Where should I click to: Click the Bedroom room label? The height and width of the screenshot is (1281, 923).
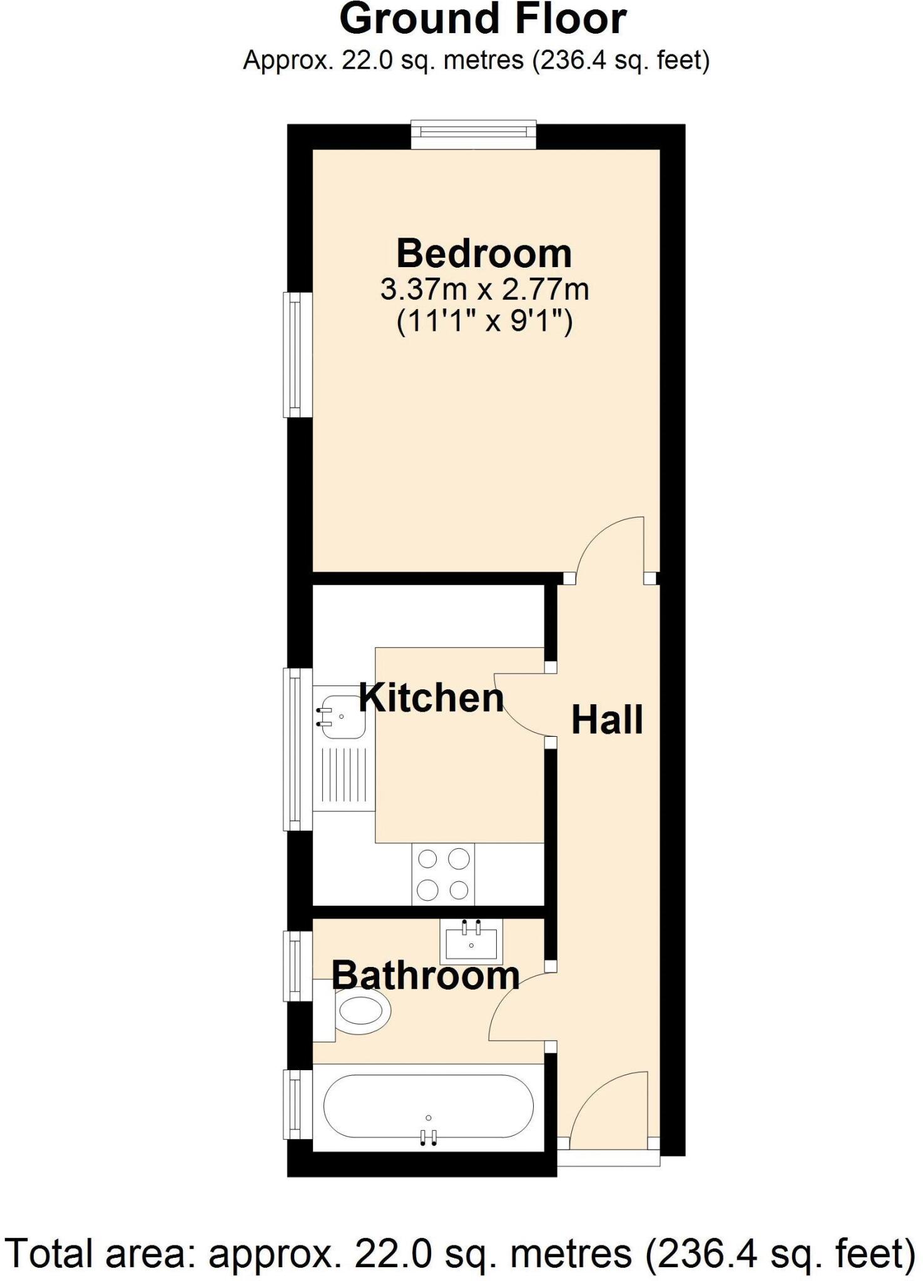(484, 253)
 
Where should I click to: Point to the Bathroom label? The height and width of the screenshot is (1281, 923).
(426, 975)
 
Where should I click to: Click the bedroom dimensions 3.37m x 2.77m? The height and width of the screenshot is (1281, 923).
(484, 290)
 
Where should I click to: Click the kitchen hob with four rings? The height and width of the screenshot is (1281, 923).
(443, 874)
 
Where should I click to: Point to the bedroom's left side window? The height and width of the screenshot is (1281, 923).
(298, 355)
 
